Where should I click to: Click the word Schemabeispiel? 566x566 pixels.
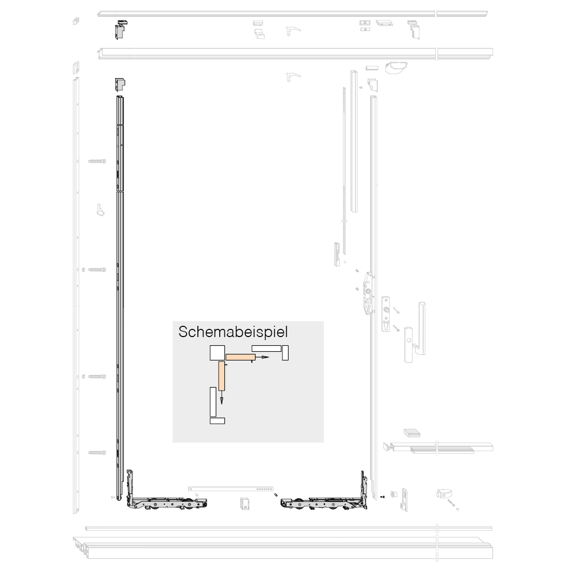233,332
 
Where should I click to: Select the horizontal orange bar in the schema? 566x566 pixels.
240,357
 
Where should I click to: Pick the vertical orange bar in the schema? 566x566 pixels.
221,376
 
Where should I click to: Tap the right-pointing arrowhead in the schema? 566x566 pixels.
265,357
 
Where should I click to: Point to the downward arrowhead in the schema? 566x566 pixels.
222,400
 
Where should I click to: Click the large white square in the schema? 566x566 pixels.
217,353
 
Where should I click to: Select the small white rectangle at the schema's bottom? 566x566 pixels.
217,421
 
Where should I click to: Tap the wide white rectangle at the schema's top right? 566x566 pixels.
266,348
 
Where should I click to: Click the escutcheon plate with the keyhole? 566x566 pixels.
385,314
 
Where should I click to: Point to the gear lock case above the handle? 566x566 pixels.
368,293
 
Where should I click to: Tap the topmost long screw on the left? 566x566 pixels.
97,161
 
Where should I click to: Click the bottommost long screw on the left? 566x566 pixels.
97,453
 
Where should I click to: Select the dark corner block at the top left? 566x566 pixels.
120,85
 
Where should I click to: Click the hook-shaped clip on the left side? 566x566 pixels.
100,210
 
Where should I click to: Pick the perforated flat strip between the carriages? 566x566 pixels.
230,489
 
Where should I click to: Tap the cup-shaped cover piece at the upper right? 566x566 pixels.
396,68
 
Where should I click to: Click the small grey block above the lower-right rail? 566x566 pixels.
412,432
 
